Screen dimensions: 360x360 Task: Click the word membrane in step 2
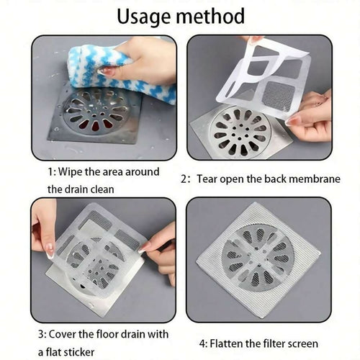tap(315, 178)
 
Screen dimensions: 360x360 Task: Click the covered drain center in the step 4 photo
tap(258, 260)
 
